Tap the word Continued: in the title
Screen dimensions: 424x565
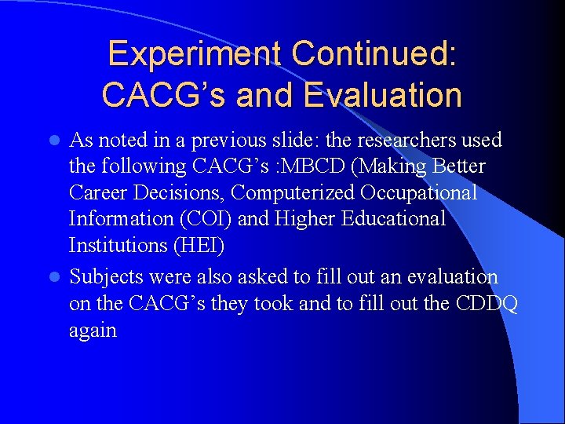pyautogui.click(x=374, y=54)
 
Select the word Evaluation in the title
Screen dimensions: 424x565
pyautogui.click(x=382, y=95)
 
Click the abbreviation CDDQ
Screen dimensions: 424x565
pyautogui.click(x=487, y=304)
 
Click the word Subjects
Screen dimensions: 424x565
pyautogui.click(x=105, y=277)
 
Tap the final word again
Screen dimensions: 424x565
pyautogui.click(x=93, y=331)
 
